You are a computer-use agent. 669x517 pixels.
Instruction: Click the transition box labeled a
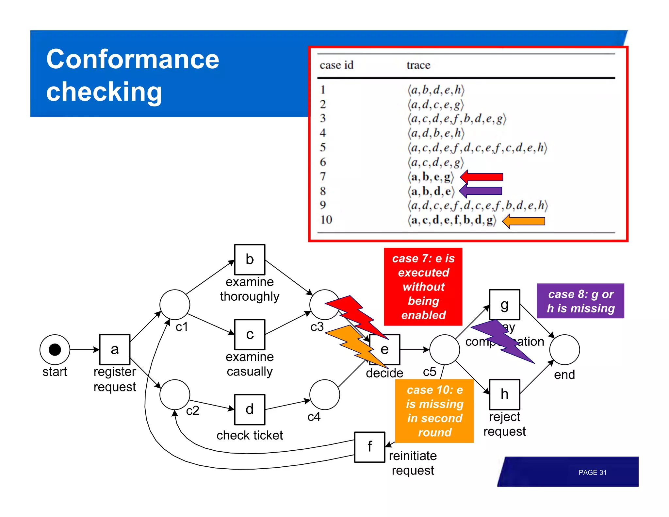[x=115, y=349]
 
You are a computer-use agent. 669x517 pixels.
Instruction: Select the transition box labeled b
[x=250, y=259]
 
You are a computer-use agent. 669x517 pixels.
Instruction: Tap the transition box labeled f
[x=369, y=447]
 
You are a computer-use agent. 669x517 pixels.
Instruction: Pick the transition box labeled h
[x=504, y=394]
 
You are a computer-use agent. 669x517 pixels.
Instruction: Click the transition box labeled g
[x=504, y=305]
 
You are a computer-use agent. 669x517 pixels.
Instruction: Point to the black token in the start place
[x=55, y=349]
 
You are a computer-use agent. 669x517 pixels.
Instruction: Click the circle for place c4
[x=324, y=394]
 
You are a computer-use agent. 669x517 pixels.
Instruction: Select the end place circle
[x=564, y=349]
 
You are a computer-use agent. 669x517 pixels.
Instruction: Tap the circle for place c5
[x=445, y=349]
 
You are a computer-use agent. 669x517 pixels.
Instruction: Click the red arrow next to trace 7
[x=482, y=177]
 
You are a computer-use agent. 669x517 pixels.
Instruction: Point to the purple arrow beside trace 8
[x=481, y=191]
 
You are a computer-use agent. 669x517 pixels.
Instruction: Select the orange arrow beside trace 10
[x=524, y=221]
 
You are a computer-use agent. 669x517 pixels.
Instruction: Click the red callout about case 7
[x=423, y=287]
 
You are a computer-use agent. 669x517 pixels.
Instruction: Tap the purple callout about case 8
[x=580, y=301]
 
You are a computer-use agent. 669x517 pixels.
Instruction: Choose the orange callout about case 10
[x=434, y=411]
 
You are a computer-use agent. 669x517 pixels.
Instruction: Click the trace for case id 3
[x=457, y=119]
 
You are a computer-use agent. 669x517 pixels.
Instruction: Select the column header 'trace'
[x=418, y=65]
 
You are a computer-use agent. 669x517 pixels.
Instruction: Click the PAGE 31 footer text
[x=592, y=472]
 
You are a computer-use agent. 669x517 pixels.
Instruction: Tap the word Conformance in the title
[x=133, y=59]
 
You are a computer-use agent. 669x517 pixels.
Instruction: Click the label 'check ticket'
[x=250, y=435]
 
